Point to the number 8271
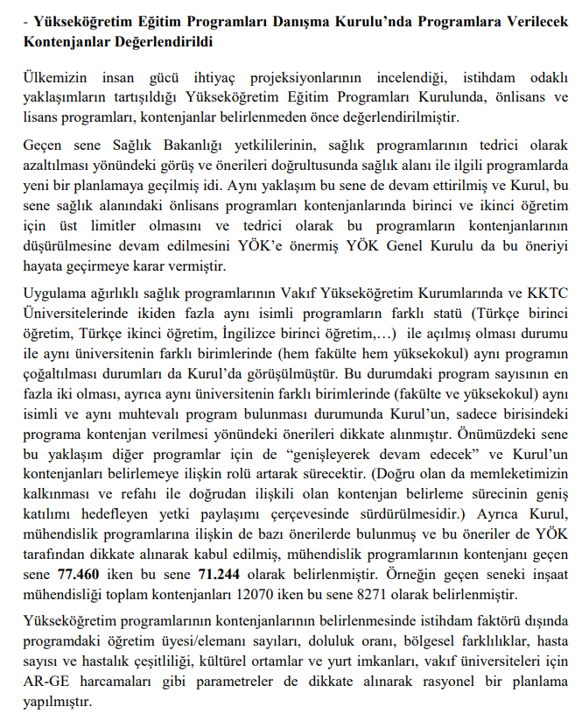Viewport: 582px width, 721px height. pyautogui.click(x=411, y=595)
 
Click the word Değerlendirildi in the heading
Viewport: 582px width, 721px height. pyautogui.click(x=155, y=41)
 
